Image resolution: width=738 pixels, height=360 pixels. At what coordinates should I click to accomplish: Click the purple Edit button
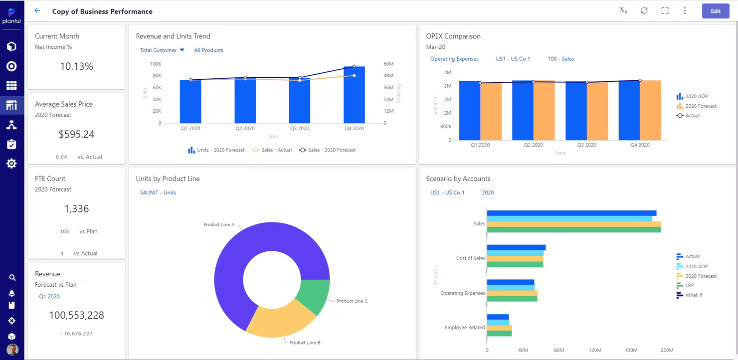(715, 11)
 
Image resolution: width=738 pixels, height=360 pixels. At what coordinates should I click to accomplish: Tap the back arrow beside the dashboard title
(37, 10)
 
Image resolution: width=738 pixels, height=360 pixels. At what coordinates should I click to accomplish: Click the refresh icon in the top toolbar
(644, 10)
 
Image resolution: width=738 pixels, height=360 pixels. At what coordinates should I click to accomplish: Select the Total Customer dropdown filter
(162, 50)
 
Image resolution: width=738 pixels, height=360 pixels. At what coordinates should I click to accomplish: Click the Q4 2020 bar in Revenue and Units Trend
(354, 95)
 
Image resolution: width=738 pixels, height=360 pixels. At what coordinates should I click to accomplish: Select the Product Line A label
(218, 225)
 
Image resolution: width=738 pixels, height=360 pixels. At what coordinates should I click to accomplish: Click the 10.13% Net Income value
(76, 66)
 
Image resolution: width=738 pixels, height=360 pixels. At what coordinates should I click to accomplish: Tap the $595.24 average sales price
(76, 134)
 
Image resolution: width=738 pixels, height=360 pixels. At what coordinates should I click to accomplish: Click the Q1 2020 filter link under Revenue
(49, 297)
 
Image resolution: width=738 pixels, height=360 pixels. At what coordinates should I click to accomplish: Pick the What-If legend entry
(693, 295)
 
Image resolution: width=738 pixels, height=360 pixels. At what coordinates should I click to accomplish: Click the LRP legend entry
(690, 286)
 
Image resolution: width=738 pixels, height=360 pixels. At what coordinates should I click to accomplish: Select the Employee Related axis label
(464, 328)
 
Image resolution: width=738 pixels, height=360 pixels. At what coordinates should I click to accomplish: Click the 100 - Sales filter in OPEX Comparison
(560, 59)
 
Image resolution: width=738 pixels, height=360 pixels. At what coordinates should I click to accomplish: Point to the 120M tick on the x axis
(595, 351)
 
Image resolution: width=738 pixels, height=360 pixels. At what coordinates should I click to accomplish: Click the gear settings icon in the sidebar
(11, 164)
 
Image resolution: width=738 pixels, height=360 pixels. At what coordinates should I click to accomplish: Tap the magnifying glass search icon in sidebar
(12, 278)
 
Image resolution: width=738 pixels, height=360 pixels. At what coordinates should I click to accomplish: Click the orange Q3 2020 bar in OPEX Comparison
(597, 111)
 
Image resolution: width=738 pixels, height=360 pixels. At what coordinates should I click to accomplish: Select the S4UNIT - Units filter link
(158, 193)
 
